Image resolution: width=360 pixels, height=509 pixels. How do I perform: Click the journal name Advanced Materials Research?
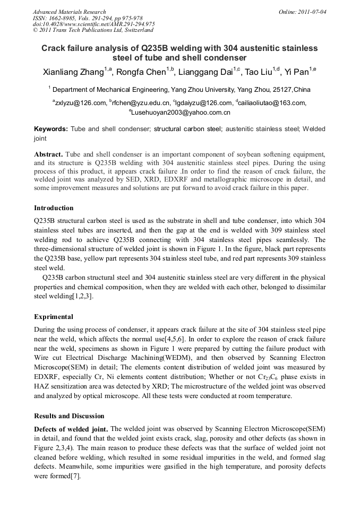(70, 12)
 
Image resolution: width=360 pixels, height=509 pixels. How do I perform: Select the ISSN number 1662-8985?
(63, 18)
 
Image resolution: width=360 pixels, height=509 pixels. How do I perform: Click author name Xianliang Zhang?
(73, 72)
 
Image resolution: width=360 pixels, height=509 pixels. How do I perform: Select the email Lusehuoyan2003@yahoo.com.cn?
(180, 113)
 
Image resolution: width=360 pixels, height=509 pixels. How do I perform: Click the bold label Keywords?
(51, 129)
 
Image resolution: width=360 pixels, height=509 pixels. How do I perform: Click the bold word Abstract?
(48, 154)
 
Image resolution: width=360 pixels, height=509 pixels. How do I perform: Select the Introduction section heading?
(54, 208)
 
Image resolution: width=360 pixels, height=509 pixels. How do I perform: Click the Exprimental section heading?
(54, 316)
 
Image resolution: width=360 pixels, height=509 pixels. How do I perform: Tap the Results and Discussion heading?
(69, 416)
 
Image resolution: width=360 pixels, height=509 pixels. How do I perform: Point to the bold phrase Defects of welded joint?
(71, 429)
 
